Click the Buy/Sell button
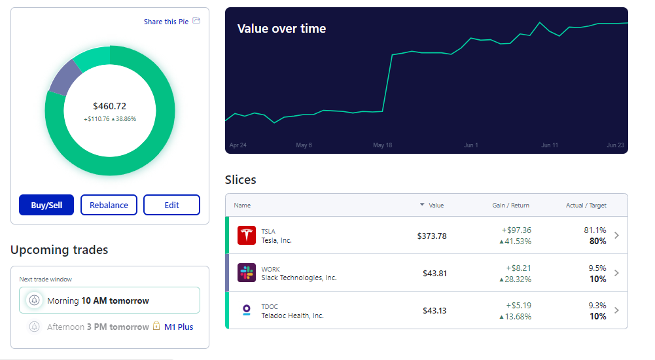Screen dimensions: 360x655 (x=46, y=205)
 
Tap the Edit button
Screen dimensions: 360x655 (x=171, y=205)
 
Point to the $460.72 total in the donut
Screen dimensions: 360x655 (x=109, y=106)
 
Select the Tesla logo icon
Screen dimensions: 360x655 (x=247, y=236)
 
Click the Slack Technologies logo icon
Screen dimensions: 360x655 (x=247, y=273)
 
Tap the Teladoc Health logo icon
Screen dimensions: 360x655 (x=247, y=310)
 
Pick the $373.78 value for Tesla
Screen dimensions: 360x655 (x=432, y=236)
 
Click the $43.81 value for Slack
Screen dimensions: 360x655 (x=434, y=273)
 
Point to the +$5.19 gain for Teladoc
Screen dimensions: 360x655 (x=518, y=305)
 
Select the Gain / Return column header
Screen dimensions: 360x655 (x=511, y=206)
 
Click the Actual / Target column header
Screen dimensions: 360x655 (x=586, y=206)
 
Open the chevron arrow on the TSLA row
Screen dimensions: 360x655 (x=616, y=236)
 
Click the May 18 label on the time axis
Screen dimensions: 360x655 (x=382, y=145)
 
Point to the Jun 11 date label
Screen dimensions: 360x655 (x=550, y=145)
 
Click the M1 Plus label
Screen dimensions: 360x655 (x=179, y=327)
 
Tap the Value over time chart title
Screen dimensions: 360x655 (x=281, y=29)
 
